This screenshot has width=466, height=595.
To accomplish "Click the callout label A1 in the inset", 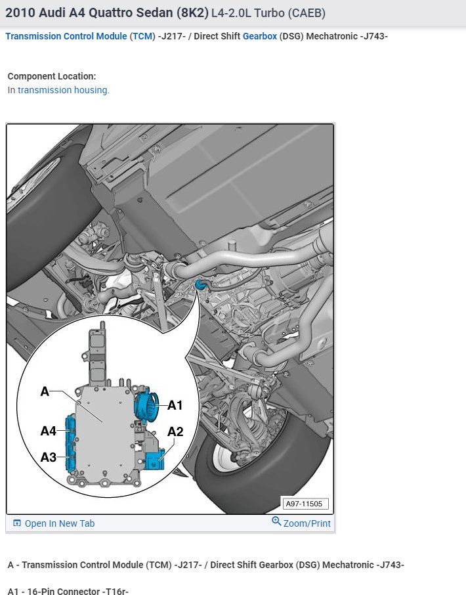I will [x=175, y=405].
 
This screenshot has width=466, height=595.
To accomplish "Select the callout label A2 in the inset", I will [x=175, y=431].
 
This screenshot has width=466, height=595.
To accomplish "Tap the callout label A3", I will [x=49, y=457].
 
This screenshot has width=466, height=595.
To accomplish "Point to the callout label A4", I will [x=49, y=431].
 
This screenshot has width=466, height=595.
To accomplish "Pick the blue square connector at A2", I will [x=156, y=459].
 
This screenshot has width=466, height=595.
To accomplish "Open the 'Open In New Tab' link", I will [x=59, y=523].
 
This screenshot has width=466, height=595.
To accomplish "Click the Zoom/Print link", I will [x=307, y=523].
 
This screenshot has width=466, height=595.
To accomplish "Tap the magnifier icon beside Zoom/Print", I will [x=276, y=522].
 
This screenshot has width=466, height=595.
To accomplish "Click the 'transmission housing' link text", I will [x=63, y=90].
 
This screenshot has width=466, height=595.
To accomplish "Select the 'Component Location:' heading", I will [x=52, y=76].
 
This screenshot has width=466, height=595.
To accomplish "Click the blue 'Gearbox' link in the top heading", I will [x=259, y=36].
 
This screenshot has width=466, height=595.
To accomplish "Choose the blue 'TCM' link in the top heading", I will [x=142, y=36].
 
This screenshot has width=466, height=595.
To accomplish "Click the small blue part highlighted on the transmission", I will [x=201, y=284].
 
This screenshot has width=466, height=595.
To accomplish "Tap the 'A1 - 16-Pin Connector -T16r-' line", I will [x=68, y=591].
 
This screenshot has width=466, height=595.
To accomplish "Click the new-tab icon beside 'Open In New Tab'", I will [x=17, y=523].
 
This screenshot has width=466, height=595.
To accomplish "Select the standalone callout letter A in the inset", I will [x=45, y=391].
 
